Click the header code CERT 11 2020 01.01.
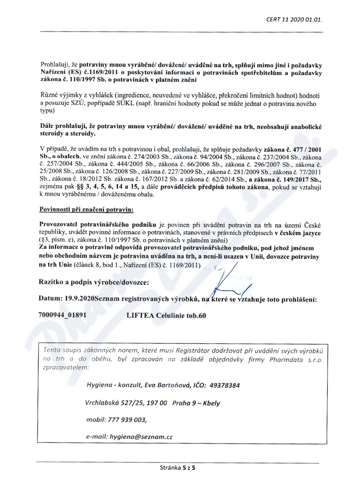click(297, 19)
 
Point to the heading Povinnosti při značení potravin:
click(86, 210)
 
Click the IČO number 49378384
click(224, 386)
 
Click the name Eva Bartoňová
click(167, 386)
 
